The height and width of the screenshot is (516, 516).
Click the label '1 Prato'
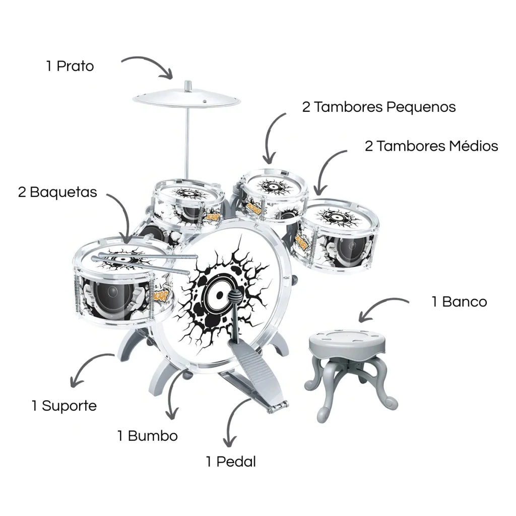point(70,66)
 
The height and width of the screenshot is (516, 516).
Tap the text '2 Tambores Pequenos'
point(379,107)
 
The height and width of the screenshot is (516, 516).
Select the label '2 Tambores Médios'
point(431,146)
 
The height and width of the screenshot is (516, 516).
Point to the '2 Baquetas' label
point(57,192)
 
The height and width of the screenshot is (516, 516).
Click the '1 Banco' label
point(460,302)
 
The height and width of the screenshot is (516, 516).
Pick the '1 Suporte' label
point(64,406)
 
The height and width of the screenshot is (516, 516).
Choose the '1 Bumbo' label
point(148,436)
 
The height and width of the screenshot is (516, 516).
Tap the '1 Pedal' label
point(231,462)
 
